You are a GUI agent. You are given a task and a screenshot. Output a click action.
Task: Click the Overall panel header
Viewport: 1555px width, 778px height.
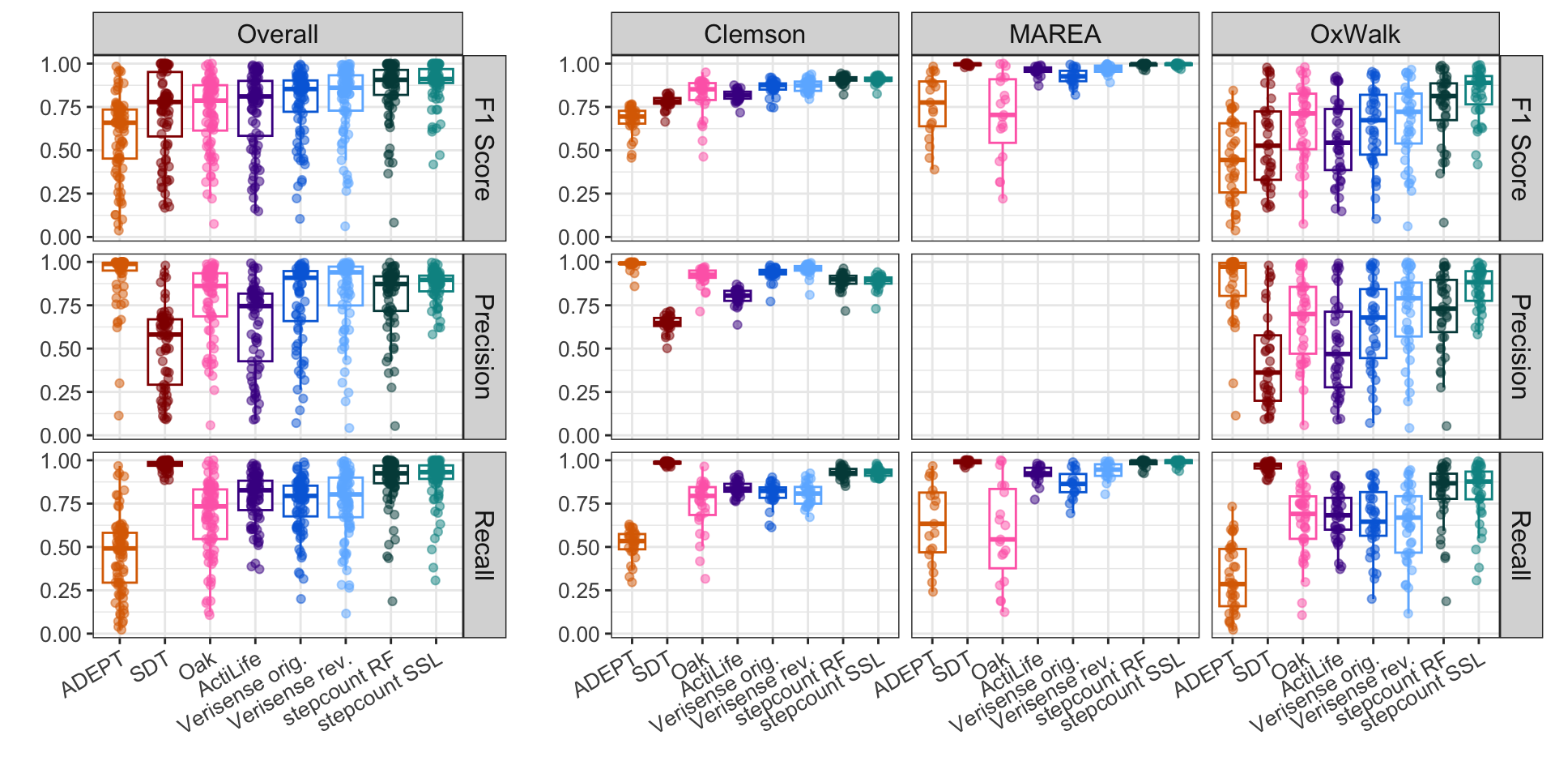(x=278, y=34)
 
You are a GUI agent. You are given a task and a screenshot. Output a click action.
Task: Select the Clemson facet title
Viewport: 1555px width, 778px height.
(x=754, y=34)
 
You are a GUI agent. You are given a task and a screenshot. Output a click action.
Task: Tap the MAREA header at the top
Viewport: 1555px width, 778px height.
(x=1054, y=34)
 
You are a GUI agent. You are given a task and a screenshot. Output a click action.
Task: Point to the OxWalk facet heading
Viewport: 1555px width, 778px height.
(x=1355, y=34)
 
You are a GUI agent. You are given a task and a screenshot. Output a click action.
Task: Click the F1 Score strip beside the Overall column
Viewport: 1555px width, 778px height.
(x=484, y=148)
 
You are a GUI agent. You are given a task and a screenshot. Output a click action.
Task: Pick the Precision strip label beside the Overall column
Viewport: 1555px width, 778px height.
(x=484, y=346)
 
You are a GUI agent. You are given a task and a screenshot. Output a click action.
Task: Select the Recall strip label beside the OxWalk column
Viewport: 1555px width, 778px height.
(x=1520, y=545)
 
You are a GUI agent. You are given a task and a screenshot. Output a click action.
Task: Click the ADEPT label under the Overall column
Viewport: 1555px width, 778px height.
(x=94, y=674)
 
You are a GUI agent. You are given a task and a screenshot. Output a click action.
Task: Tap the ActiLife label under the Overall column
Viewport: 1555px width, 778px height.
(x=230, y=675)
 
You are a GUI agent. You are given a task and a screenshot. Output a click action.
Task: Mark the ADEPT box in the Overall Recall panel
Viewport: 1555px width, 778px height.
(x=120, y=558)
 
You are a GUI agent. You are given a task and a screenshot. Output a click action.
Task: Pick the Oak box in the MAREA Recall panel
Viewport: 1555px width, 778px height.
(x=1003, y=528)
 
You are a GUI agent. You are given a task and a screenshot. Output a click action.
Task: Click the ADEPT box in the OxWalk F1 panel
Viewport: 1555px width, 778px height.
(x=1232, y=157)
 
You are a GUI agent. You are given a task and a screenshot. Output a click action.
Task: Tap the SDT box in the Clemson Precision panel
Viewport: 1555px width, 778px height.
(x=667, y=322)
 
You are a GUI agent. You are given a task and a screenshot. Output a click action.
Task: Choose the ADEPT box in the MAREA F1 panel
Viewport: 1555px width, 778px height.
(x=932, y=104)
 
